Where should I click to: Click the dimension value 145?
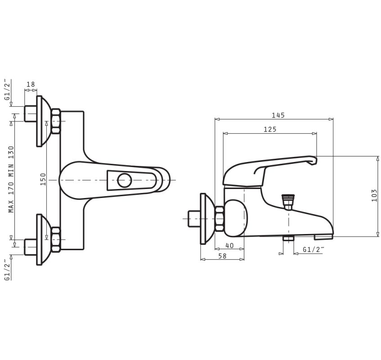pos(278,115)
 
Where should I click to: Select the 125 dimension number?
pos(270,129)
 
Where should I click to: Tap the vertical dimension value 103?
pos(374,196)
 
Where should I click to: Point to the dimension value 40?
pos(229,245)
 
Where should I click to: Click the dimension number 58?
pos(222,256)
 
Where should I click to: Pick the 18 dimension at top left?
pos(31,84)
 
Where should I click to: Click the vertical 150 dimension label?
pos(43,179)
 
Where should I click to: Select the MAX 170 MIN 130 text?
pos(11,179)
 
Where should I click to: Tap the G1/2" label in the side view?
pos(313,249)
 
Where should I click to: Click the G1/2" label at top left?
pos(8,90)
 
